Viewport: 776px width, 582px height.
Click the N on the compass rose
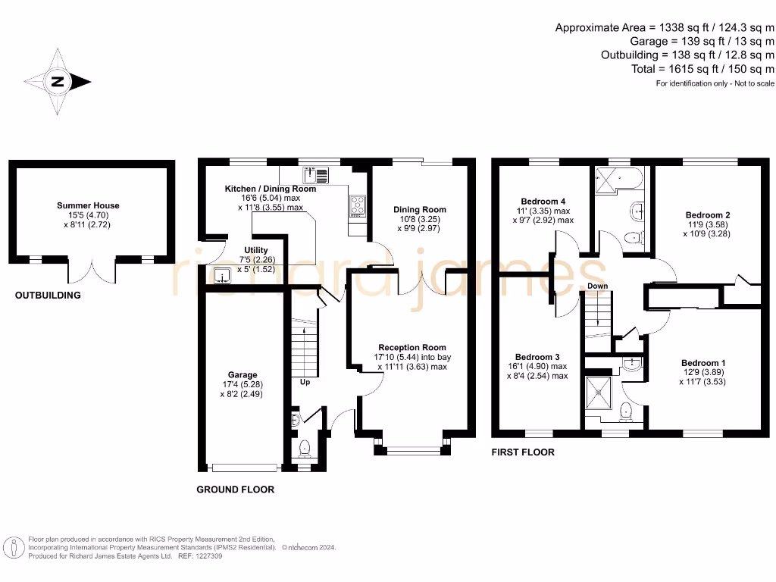(58, 82)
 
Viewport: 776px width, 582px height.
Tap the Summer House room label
(88, 205)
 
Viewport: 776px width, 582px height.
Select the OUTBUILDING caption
(48, 296)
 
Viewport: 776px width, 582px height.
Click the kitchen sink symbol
(315, 175)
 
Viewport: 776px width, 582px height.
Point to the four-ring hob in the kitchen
(358, 206)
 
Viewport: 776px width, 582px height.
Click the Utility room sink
(222, 276)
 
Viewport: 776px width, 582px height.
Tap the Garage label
(242, 374)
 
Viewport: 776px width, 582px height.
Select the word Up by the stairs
(305, 382)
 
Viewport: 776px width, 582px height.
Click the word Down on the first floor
(597, 286)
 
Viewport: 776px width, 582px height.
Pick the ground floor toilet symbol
(305, 449)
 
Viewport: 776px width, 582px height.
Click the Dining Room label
(420, 210)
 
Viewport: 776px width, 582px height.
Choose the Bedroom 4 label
(543, 202)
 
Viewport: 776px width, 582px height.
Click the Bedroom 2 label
(708, 214)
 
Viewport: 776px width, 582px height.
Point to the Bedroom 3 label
(537, 357)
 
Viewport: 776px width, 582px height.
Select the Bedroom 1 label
(703, 363)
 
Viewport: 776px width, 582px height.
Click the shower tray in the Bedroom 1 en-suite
(599, 393)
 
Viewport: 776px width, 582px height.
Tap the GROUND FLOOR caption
(236, 490)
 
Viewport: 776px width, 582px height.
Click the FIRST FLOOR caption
(523, 452)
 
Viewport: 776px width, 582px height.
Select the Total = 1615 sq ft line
(702, 69)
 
